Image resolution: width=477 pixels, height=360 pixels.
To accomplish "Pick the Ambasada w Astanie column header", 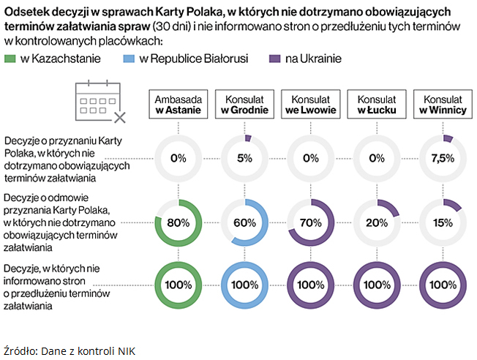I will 179,105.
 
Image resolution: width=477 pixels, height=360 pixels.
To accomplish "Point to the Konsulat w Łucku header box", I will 377,105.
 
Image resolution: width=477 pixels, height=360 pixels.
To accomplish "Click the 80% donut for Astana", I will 179,222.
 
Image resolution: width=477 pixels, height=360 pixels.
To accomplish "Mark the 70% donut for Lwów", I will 311,222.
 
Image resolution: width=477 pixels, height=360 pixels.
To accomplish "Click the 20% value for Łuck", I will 377,222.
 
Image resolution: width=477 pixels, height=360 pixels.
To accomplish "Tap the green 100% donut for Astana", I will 179,283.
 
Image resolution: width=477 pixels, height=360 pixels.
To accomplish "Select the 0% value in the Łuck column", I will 377,158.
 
